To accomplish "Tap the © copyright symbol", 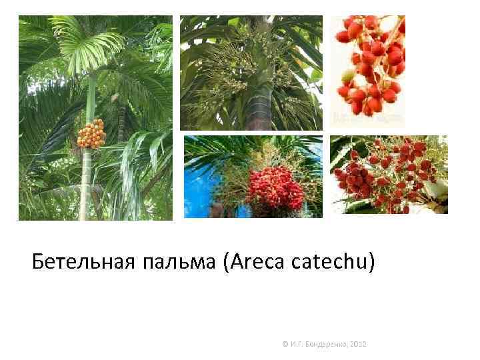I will (x=285, y=344).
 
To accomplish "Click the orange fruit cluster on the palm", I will (x=91, y=133).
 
